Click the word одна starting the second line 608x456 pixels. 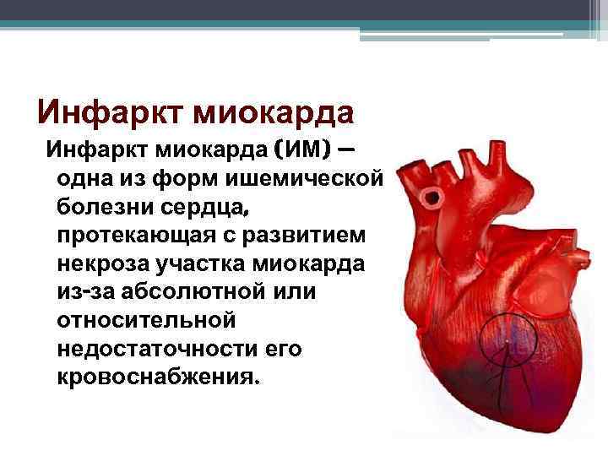tap(83, 180)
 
